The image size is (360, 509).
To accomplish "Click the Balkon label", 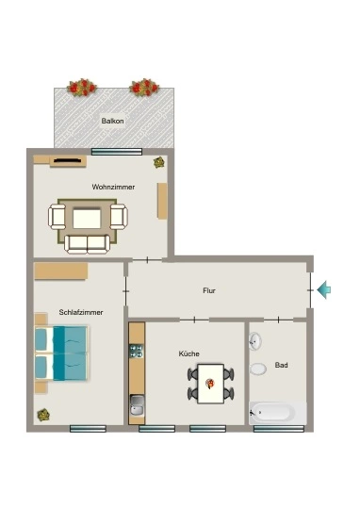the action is [112, 121].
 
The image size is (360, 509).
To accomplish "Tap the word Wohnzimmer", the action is [113, 187].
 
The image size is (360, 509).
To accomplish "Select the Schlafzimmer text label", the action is [81, 312].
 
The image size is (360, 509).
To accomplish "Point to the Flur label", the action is [209, 290].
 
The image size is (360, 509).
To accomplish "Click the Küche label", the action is [188, 353].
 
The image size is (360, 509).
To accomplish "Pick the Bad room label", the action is [281, 365].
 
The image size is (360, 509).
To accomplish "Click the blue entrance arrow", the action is [323, 289].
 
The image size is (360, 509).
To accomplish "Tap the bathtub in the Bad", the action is [278, 413].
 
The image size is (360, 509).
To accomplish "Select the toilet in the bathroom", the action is [258, 369].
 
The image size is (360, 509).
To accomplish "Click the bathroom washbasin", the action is [255, 341].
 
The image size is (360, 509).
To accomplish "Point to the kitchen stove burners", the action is [137, 351].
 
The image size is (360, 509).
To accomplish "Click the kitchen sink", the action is [137, 405].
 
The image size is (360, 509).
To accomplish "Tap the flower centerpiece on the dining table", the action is [210, 384].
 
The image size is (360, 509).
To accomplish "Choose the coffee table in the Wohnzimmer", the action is [87, 219].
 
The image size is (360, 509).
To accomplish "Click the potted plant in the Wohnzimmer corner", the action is [159, 162].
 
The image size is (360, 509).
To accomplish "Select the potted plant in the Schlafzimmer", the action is [42, 415].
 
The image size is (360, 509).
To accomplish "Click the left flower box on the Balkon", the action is [82, 88].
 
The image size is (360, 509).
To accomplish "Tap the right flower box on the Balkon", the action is [144, 88].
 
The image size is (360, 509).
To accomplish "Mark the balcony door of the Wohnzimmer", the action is [117, 152].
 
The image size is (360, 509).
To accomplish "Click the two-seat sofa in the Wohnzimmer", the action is [87, 244].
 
